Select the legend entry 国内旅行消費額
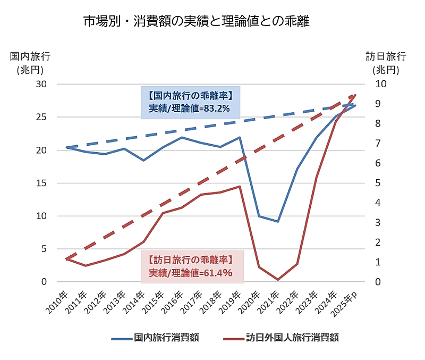[159, 337]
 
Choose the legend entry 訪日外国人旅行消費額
[281, 337]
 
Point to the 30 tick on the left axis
[41, 84]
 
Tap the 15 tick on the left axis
[41, 183]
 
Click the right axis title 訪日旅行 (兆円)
[386, 62]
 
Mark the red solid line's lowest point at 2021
[278, 280]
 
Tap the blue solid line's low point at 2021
[278, 222]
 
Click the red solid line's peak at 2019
[240, 187]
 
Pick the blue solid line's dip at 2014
[143, 160]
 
